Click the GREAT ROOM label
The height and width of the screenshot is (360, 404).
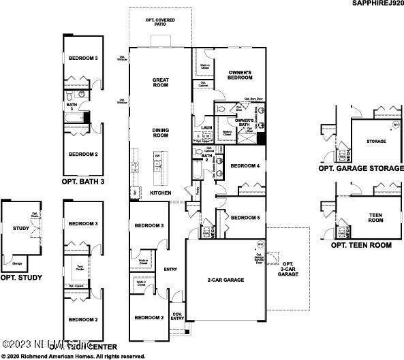pyautogui.click(x=161, y=83)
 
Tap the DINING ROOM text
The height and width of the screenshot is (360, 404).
pyautogui.click(x=161, y=133)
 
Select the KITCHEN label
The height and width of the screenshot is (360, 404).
pyautogui.click(x=160, y=193)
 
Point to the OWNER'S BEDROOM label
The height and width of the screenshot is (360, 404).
pyautogui.click(x=240, y=76)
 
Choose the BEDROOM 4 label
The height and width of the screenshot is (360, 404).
pyautogui.click(x=245, y=166)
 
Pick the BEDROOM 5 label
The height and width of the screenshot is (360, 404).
pyautogui.click(x=245, y=217)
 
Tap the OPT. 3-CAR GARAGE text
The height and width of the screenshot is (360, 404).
pyautogui.click(x=289, y=268)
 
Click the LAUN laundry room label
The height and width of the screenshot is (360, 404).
pyautogui.click(x=206, y=127)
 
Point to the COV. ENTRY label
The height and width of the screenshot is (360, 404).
pyautogui.click(x=177, y=316)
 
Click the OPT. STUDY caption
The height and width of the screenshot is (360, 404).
pyautogui.click(x=21, y=277)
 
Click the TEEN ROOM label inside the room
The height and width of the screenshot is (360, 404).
pyautogui.click(x=376, y=218)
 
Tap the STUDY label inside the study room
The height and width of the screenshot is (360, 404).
pyautogui.click(x=21, y=229)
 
